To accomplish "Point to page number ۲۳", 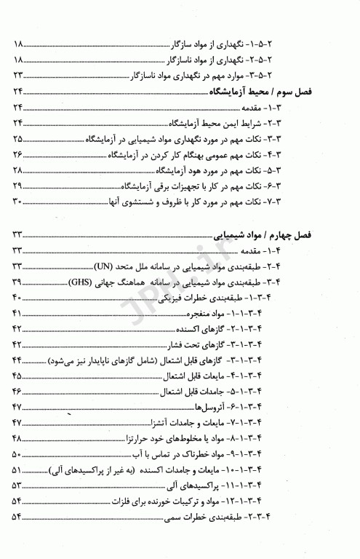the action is pos(19,75).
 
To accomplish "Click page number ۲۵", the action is pos(19,138).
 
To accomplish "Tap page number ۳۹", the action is pos(19,282).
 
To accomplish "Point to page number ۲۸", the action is pos(19,170).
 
